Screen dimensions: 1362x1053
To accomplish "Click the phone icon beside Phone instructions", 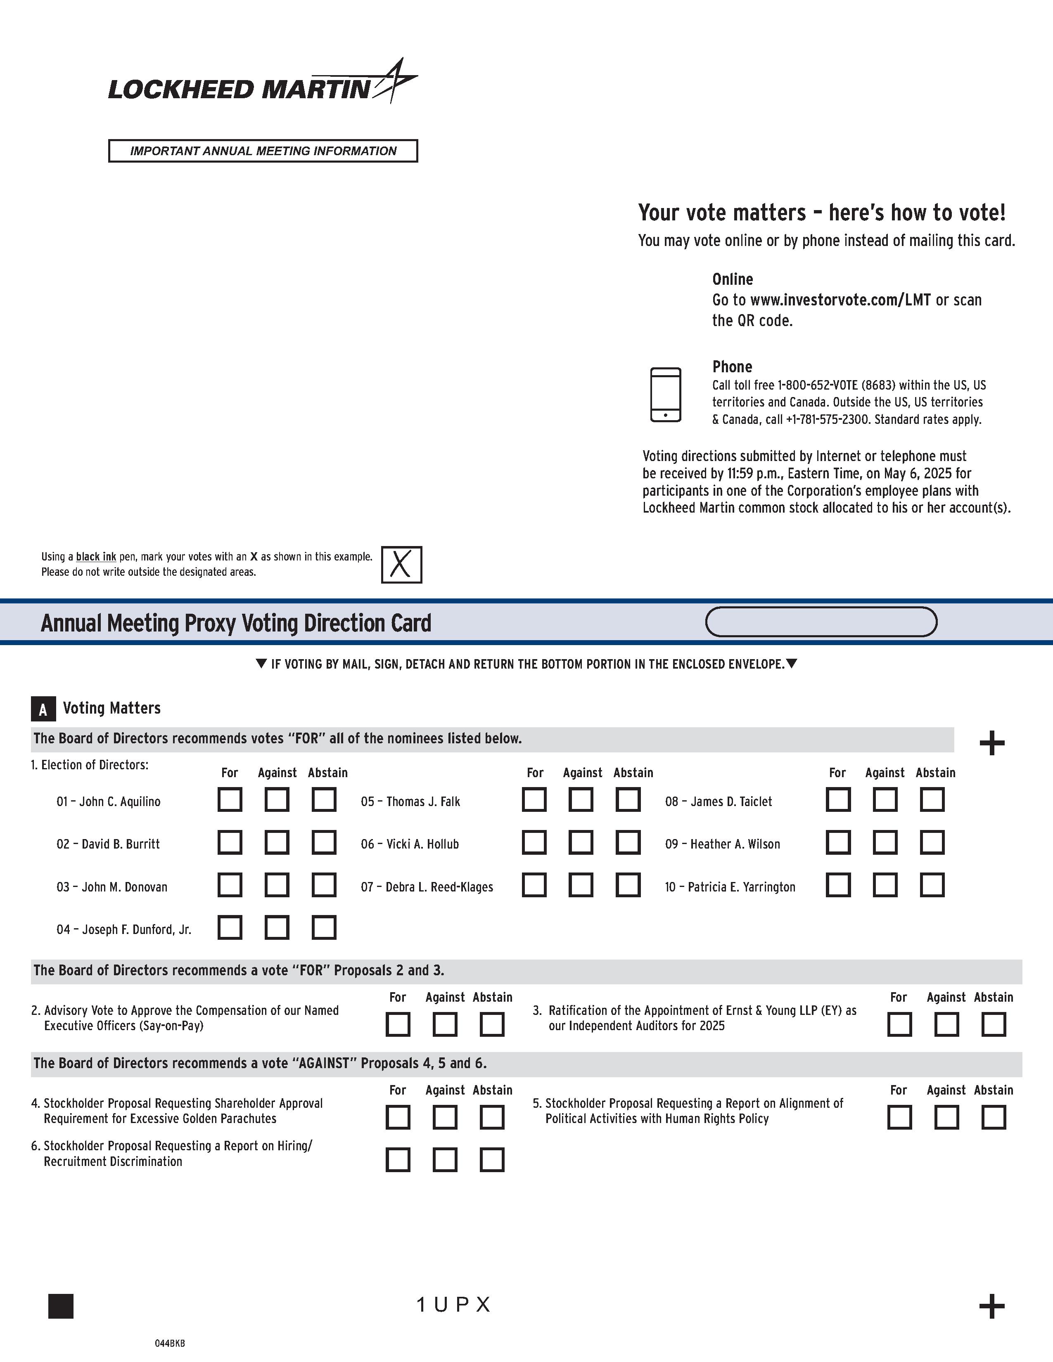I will (x=666, y=395).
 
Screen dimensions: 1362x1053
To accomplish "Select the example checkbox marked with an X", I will (x=401, y=564).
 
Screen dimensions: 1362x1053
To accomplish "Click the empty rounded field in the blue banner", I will (x=821, y=622).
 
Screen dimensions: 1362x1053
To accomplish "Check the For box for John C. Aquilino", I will (x=230, y=799).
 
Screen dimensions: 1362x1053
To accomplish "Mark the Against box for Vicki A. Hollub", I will (x=581, y=842).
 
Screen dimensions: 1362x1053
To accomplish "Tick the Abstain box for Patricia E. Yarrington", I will (x=932, y=885).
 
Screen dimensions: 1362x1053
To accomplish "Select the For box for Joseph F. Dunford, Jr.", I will (x=230, y=927).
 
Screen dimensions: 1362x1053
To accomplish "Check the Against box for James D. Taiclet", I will (x=885, y=799).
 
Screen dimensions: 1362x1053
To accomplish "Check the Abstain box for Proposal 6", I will (x=491, y=1160).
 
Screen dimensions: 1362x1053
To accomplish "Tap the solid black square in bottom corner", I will (x=61, y=1306).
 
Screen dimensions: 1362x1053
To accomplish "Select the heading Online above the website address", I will (x=733, y=279).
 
